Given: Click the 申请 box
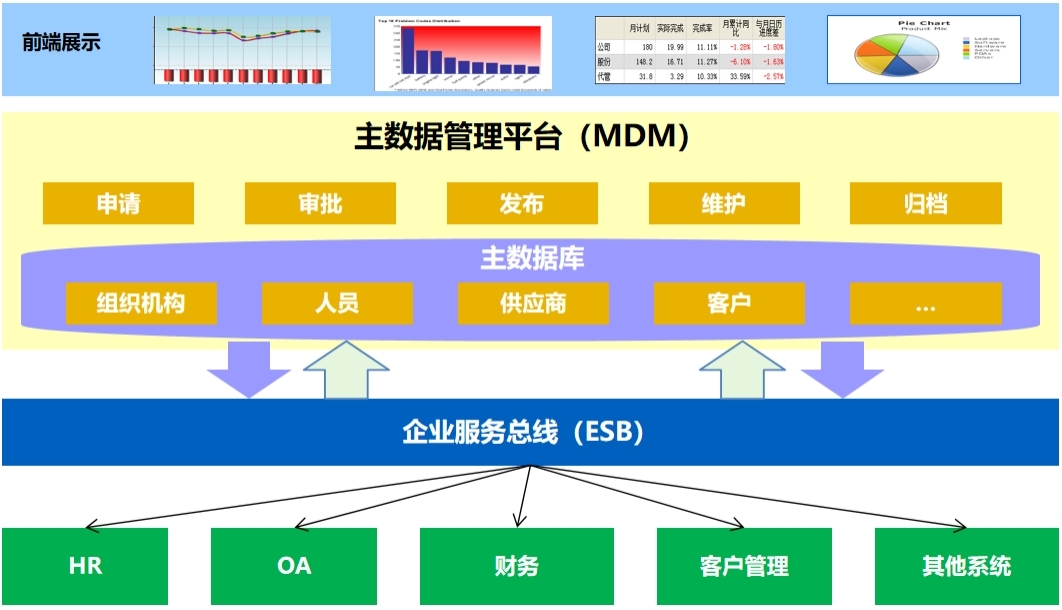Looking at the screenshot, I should (x=118, y=204).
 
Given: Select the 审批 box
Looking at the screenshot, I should (x=320, y=204).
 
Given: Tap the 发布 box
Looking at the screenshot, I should (x=521, y=204).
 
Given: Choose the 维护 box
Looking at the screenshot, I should (x=723, y=204).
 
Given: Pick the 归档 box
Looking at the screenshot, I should (x=925, y=204).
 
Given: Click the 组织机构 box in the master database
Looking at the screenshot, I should (x=141, y=304).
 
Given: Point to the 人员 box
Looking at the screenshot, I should (x=337, y=304).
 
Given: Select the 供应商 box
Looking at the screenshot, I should (x=533, y=304).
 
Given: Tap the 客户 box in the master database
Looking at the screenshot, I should (x=729, y=304).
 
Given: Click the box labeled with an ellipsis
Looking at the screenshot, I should (x=925, y=304).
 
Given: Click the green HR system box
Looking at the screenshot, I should (x=85, y=566).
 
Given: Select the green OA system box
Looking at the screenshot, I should (x=294, y=566).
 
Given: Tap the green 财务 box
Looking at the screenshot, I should (x=516, y=566).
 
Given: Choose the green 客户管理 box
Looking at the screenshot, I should (x=744, y=566).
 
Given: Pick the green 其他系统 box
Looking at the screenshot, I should (x=966, y=566).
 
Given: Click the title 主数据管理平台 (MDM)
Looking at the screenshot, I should (x=522, y=137).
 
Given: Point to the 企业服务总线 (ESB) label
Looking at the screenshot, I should (x=522, y=432).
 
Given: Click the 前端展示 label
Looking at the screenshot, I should (x=61, y=43).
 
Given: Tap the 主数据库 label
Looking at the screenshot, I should (x=532, y=259).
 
